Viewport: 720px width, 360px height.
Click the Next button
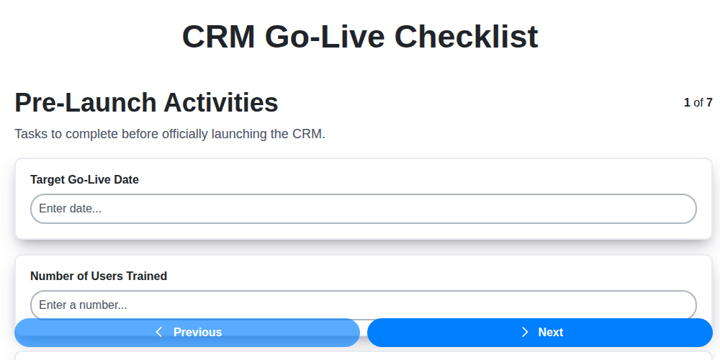(540, 332)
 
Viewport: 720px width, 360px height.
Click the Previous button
(187, 332)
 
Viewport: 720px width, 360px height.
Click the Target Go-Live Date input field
(363, 209)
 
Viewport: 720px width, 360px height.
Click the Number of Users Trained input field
(363, 305)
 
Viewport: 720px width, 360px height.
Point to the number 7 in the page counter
(709, 103)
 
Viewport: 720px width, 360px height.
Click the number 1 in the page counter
(687, 103)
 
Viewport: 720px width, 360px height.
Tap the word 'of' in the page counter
(698, 103)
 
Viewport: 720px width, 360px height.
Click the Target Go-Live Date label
(84, 179)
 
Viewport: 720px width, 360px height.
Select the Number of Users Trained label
(99, 276)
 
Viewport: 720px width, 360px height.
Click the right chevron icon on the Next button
(525, 332)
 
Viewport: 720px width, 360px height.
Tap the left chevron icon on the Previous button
(159, 332)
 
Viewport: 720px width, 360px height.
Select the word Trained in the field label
(146, 276)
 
